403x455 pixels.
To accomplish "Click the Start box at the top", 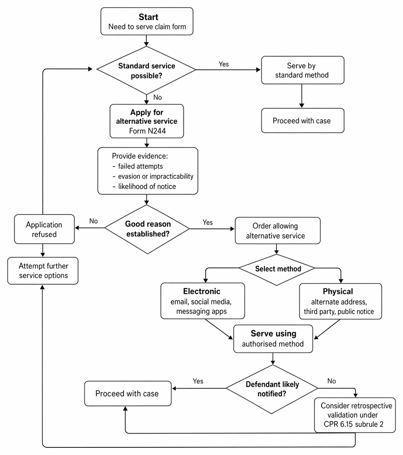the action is pos(147,21).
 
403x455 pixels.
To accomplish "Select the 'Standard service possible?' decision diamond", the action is pos(146,70).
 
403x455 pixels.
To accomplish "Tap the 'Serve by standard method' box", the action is pos(303,70).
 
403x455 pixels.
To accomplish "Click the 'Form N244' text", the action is pos(147,131).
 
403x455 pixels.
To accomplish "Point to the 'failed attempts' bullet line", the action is pos(138,166).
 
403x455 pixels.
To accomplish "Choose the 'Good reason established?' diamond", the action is pos(147,229).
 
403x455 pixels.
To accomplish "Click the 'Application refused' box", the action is pos(44,229).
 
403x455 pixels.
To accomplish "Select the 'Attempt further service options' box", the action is pos(43,271).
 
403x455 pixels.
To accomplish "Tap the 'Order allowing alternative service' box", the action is pos(278,231).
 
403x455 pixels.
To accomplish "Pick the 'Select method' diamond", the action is pos(277,270).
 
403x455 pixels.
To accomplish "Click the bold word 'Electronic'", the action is pos(202,292).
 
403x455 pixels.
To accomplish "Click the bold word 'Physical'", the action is pos(338,292).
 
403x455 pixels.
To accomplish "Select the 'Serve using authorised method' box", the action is pos(273,339).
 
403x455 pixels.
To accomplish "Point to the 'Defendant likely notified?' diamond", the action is pos(272,389).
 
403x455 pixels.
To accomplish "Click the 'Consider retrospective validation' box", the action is pos(355,415).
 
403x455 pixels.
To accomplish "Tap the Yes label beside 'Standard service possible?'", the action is pos(224,64).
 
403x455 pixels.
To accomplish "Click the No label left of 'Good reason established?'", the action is pos(93,221).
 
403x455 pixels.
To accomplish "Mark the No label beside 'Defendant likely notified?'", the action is pos(331,381).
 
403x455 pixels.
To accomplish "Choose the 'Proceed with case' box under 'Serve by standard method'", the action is pos(303,121).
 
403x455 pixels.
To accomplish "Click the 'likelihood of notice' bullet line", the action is pos(144,187).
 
